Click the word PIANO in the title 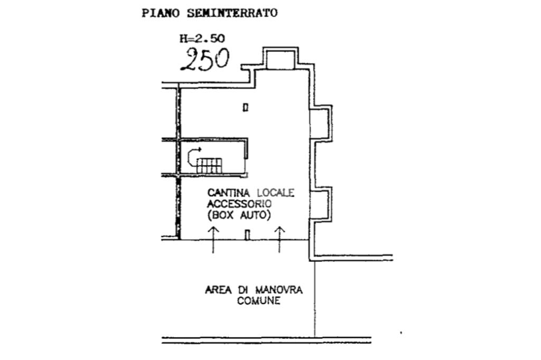(x=161, y=13)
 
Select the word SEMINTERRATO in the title (x=232, y=13)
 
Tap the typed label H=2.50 (x=202, y=38)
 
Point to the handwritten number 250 (x=206, y=59)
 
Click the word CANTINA (x=228, y=193)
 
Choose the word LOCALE (x=276, y=193)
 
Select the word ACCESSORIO (x=239, y=204)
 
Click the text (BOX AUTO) (x=239, y=215)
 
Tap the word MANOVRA (x=279, y=290)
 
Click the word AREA (x=218, y=290)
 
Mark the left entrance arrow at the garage (x=213, y=240)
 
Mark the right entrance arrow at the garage (x=279, y=240)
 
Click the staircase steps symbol (x=209, y=166)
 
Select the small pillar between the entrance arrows (x=247, y=235)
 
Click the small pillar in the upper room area (x=245, y=108)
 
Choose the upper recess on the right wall (x=320, y=123)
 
